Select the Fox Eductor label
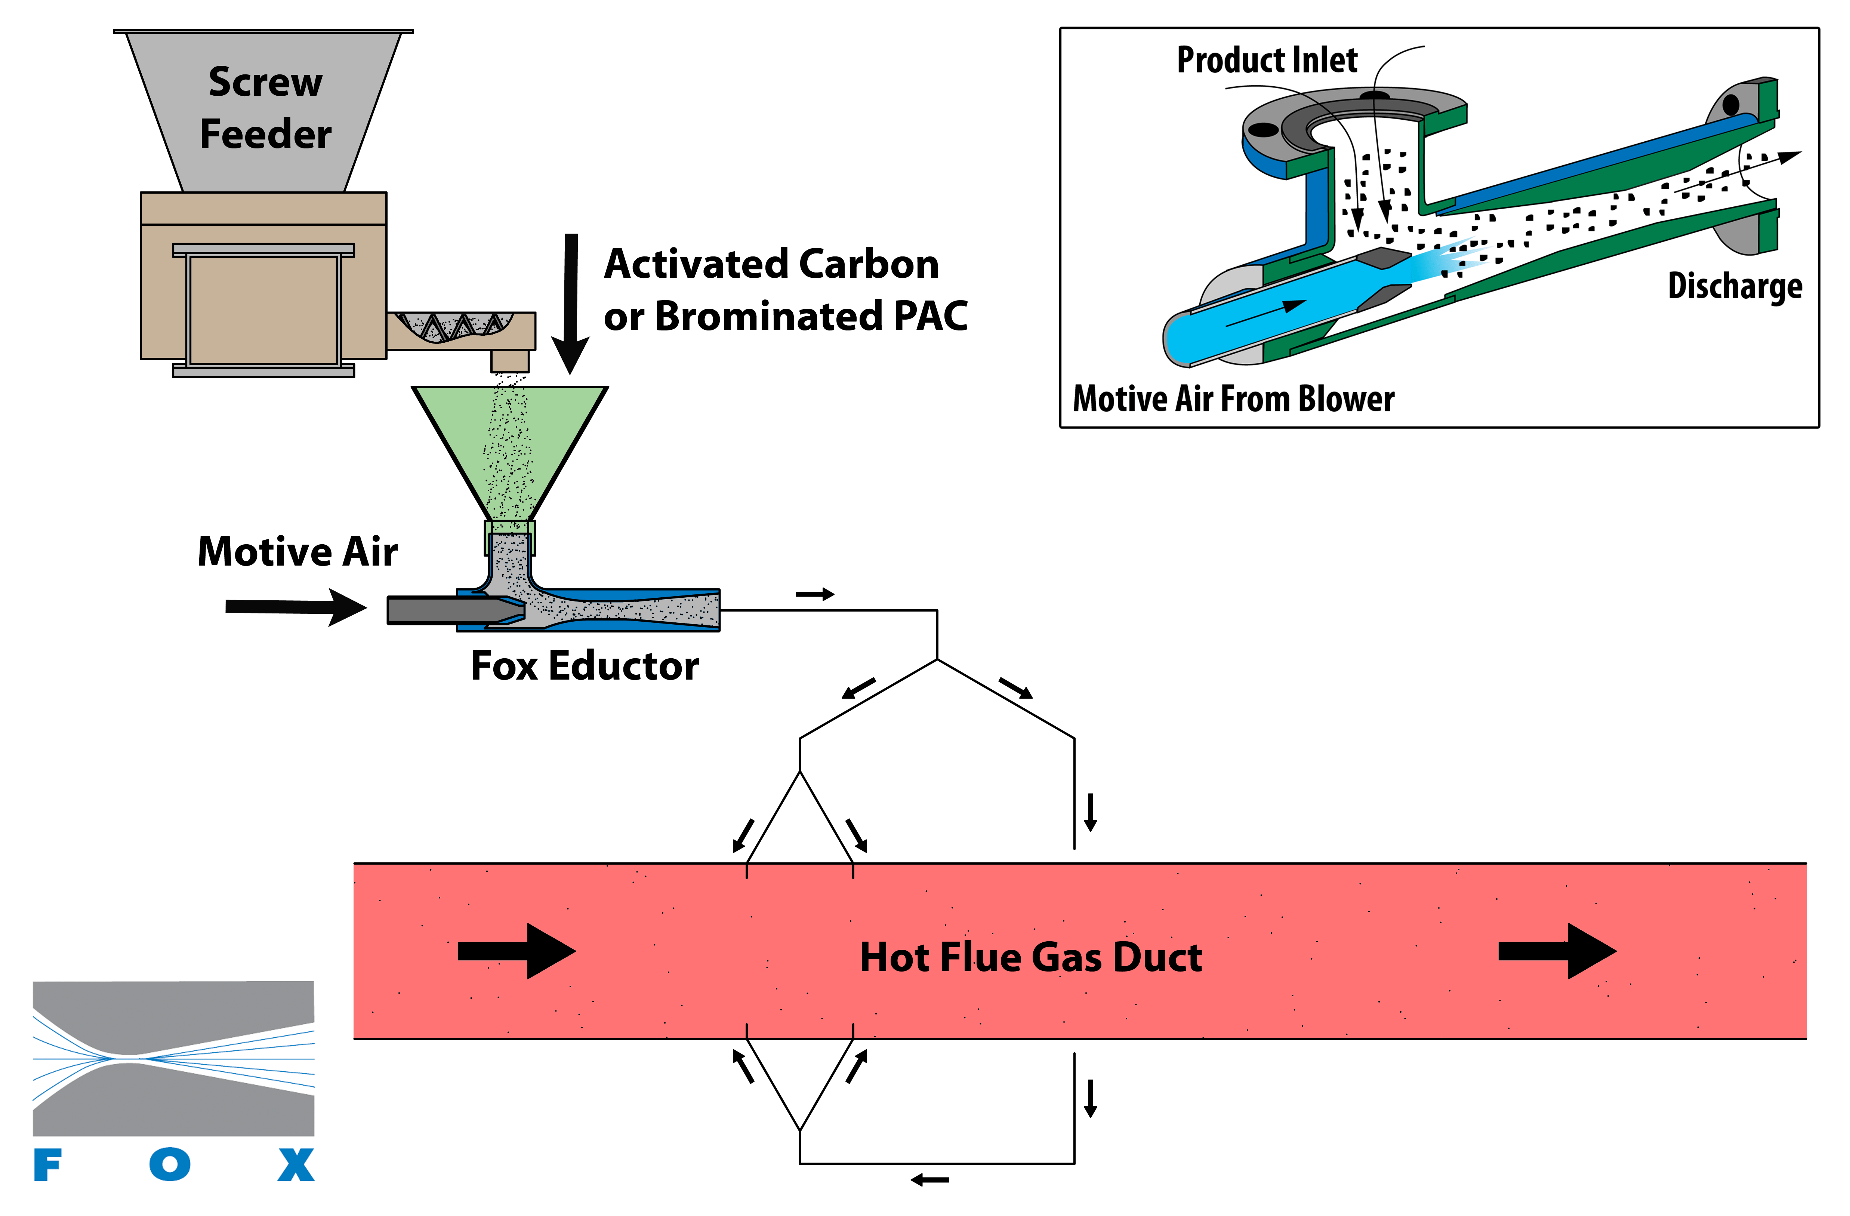tap(585, 666)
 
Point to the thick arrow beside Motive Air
tap(295, 606)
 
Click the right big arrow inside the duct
tap(1557, 951)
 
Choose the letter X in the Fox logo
tap(296, 1165)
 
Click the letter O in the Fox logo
tap(170, 1165)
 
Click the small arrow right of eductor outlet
tap(815, 595)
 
